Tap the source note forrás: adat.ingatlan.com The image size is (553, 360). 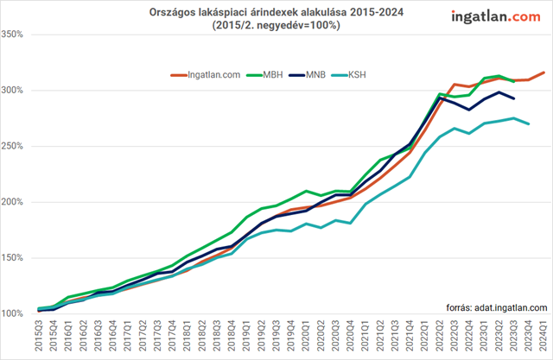coord(497,306)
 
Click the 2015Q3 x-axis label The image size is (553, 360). coord(39,336)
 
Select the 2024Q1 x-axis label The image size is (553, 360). coord(543,336)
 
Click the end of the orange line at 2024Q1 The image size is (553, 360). coord(543,73)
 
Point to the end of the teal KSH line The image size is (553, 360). coord(529,123)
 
